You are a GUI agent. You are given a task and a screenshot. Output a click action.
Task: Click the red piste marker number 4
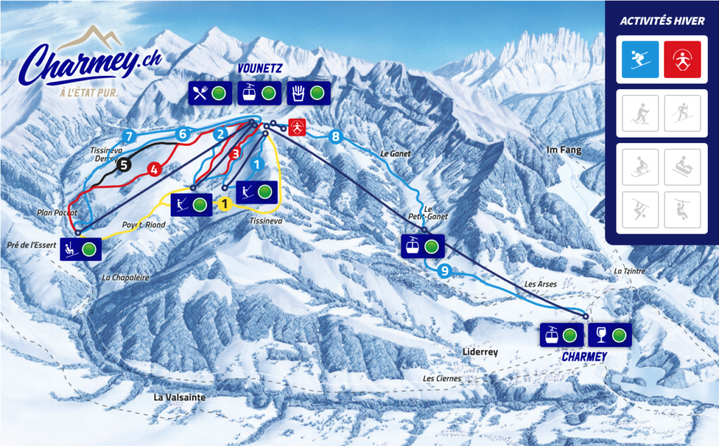[x=154, y=168]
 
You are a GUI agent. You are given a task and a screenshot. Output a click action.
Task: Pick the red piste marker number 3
[x=236, y=153]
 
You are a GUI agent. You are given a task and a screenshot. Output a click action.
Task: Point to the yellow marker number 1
[x=225, y=204]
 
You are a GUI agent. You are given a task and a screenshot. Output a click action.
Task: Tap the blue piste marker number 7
[x=128, y=135]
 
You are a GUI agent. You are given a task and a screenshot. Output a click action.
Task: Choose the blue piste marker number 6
[x=183, y=133]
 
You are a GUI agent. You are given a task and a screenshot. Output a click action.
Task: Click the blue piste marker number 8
[x=335, y=136]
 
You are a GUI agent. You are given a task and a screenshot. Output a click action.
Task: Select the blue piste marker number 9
[x=443, y=271]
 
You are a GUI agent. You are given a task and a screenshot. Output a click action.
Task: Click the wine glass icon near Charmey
[x=601, y=334]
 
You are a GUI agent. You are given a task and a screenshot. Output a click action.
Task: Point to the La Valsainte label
[x=180, y=398]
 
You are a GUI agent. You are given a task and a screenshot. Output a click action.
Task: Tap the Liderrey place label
[x=480, y=351]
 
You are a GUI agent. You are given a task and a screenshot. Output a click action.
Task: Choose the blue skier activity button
[x=640, y=59]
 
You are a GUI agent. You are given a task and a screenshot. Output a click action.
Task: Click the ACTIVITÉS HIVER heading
[x=661, y=21]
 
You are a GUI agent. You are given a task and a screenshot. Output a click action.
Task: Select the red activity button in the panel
[x=682, y=59]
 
